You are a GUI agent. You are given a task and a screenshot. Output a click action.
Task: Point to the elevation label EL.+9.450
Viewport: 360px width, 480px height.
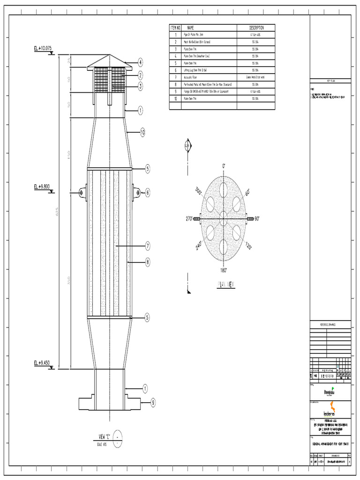click(43, 363)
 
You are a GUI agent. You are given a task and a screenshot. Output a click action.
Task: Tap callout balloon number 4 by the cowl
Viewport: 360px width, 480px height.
click(140, 62)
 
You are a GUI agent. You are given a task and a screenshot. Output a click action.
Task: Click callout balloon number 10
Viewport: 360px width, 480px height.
click(143, 133)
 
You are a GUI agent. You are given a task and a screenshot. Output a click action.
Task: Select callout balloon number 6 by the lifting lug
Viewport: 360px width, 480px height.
click(148, 192)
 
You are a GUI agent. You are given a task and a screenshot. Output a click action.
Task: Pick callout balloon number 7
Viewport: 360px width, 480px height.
click(148, 246)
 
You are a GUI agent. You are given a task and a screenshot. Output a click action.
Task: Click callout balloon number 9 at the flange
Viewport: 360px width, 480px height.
click(152, 402)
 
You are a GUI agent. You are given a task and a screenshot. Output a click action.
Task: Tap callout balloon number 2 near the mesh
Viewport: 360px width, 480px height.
click(140, 75)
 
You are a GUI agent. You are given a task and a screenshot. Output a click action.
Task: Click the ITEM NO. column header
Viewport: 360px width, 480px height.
click(175, 28)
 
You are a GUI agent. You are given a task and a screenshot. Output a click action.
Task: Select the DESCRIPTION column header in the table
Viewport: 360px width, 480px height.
click(256, 28)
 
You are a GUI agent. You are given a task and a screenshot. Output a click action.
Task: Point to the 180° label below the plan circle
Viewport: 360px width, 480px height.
click(223, 270)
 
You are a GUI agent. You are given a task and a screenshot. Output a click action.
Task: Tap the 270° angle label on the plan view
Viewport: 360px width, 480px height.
click(190, 219)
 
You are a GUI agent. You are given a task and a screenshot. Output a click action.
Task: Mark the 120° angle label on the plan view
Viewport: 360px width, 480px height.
click(248, 245)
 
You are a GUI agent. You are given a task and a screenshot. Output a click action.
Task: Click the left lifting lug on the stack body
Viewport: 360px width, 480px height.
click(82, 192)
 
